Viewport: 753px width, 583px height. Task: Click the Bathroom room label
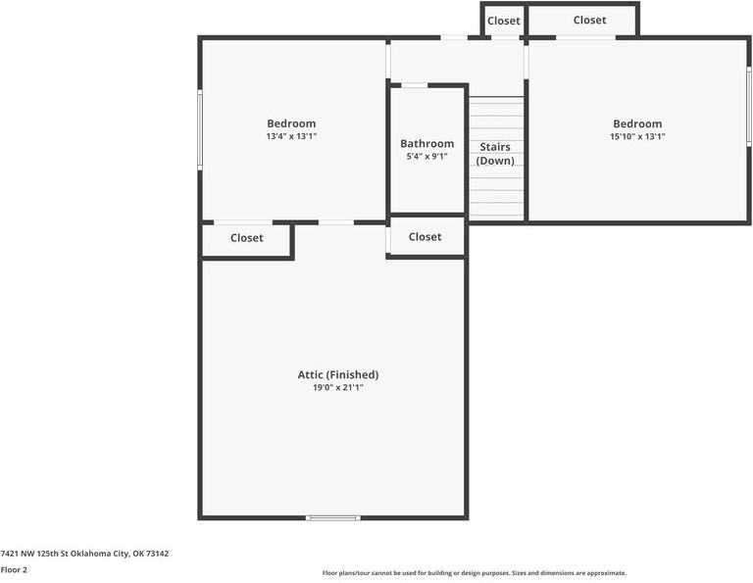click(x=427, y=144)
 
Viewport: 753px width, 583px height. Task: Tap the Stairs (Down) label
click(x=495, y=154)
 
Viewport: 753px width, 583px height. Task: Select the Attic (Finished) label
click(x=338, y=374)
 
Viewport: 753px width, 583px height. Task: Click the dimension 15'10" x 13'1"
click(x=637, y=137)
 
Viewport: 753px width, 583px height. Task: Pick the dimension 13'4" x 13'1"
click(x=291, y=137)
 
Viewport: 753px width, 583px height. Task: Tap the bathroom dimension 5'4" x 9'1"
click(x=427, y=157)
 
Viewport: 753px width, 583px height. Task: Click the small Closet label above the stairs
click(x=504, y=21)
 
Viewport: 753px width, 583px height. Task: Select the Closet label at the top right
click(x=589, y=20)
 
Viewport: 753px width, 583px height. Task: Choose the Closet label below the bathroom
click(x=425, y=236)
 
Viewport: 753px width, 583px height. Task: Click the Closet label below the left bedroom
click(x=247, y=237)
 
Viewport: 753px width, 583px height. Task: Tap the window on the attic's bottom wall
click(x=333, y=517)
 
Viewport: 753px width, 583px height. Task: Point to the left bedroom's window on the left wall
click(x=200, y=129)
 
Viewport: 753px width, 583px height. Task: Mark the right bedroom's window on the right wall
click(x=749, y=108)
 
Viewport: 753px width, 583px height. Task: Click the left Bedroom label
click(x=291, y=123)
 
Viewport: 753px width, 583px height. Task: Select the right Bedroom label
click(x=637, y=123)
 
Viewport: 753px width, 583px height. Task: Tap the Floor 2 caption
click(x=15, y=569)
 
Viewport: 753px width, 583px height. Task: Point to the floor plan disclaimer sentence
click(x=475, y=573)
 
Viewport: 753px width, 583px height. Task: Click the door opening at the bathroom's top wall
click(x=415, y=85)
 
